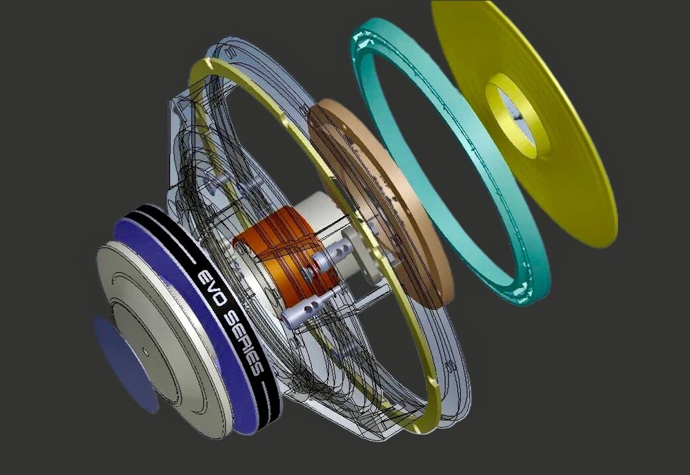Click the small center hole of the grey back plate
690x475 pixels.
145,351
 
